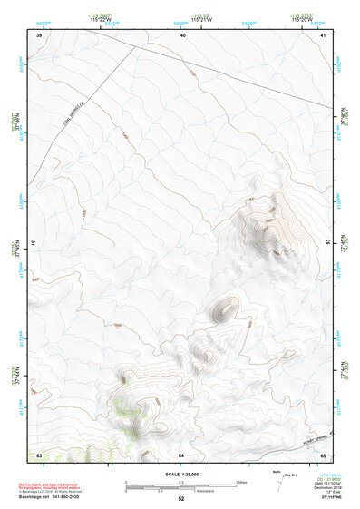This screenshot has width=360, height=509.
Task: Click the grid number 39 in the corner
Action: tap(39, 35)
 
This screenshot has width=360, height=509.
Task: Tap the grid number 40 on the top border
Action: tap(182, 35)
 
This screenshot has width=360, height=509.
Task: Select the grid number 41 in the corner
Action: tap(324, 35)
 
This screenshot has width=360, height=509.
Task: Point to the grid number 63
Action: tap(39, 454)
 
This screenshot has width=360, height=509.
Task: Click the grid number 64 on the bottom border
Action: tap(181, 454)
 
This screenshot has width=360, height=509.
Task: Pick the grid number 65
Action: tap(324, 454)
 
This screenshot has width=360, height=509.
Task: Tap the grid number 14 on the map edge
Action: tap(34, 243)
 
